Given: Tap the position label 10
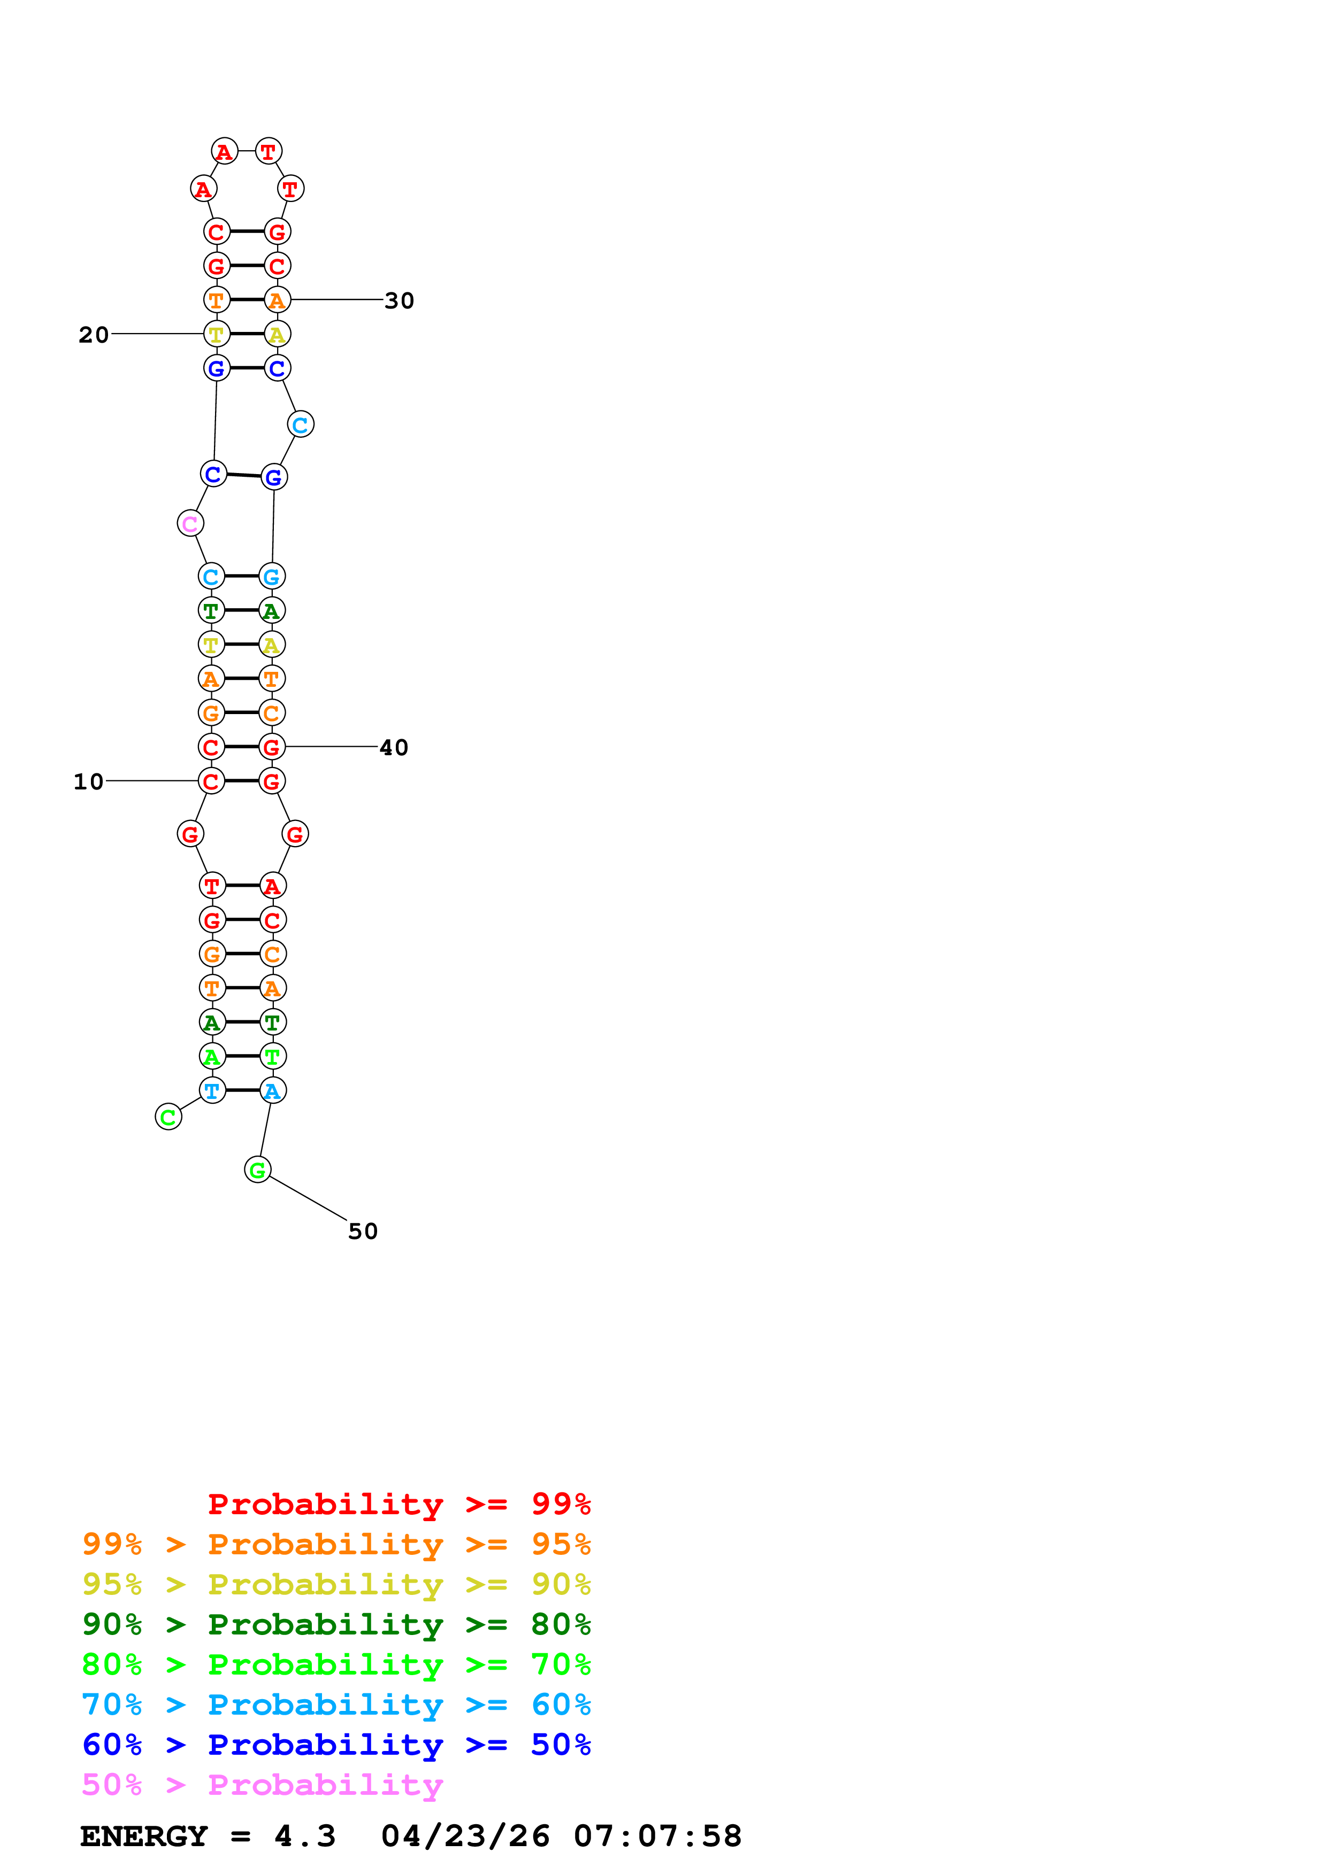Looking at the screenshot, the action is click(x=88, y=781).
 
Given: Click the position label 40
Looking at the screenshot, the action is click(x=393, y=747).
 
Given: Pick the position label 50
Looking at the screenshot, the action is click(x=363, y=1231).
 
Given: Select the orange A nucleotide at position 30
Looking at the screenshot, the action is click(x=277, y=300).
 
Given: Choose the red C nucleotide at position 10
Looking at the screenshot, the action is click(x=211, y=781).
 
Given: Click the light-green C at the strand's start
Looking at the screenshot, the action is click(x=168, y=1117).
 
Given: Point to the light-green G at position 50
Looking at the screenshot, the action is click(x=257, y=1169).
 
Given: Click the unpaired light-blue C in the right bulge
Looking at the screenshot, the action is click(x=301, y=424).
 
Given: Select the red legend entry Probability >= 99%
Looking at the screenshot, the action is click(x=398, y=1504).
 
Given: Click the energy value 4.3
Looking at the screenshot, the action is click(x=305, y=1837).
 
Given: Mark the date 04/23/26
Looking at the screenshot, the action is click(x=465, y=1837).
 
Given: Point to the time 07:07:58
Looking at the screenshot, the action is click(x=658, y=1837).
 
